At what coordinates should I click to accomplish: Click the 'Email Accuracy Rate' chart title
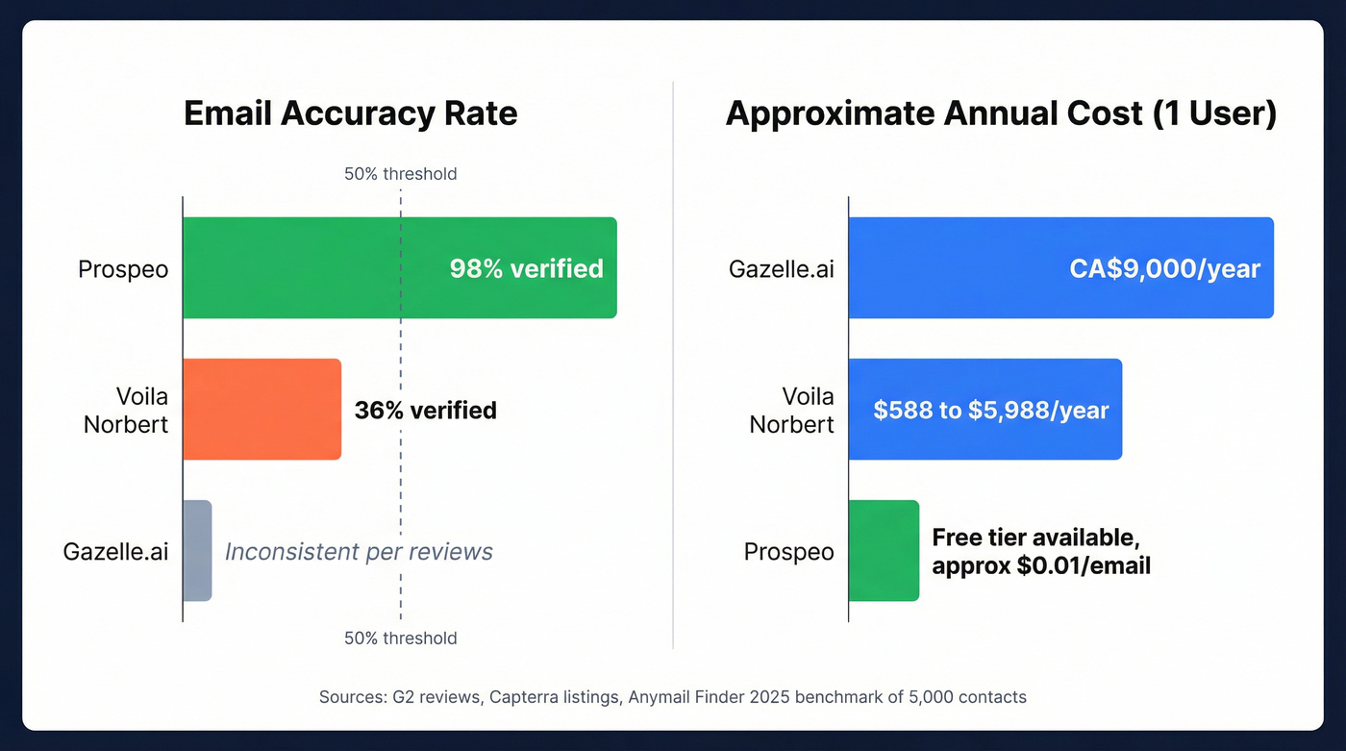tap(350, 113)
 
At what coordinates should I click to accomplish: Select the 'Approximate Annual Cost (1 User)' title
tap(1001, 113)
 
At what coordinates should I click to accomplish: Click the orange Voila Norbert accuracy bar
tap(262, 410)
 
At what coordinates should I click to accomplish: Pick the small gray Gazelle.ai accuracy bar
tap(197, 551)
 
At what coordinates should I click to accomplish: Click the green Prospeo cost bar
tap(884, 551)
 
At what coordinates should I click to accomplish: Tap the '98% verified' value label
tap(526, 268)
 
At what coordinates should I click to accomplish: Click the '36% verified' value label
tap(425, 411)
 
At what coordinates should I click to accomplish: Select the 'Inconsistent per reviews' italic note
tap(359, 552)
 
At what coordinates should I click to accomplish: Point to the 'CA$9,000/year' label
tap(1164, 268)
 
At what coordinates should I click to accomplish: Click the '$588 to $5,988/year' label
tap(991, 411)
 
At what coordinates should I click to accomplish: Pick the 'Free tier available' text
tap(1035, 538)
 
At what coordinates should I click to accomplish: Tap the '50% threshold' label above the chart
tap(400, 174)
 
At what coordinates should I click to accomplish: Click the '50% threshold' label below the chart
tap(400, 638)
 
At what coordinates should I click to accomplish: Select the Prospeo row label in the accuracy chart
tap(123, 269)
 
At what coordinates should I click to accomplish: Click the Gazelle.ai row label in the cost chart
tap(782, 269)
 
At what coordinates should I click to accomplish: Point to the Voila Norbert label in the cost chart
tap(792, 411)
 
